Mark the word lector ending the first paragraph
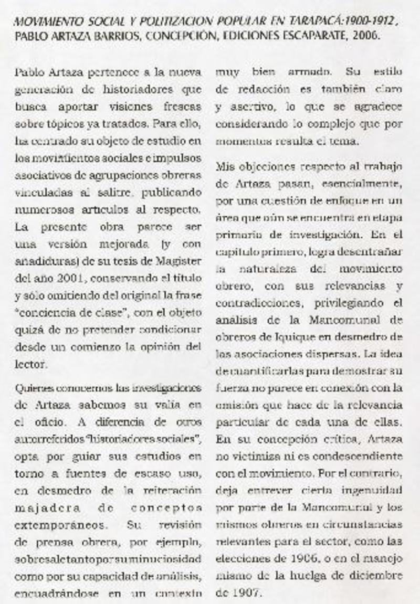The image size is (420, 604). click(28, 363)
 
